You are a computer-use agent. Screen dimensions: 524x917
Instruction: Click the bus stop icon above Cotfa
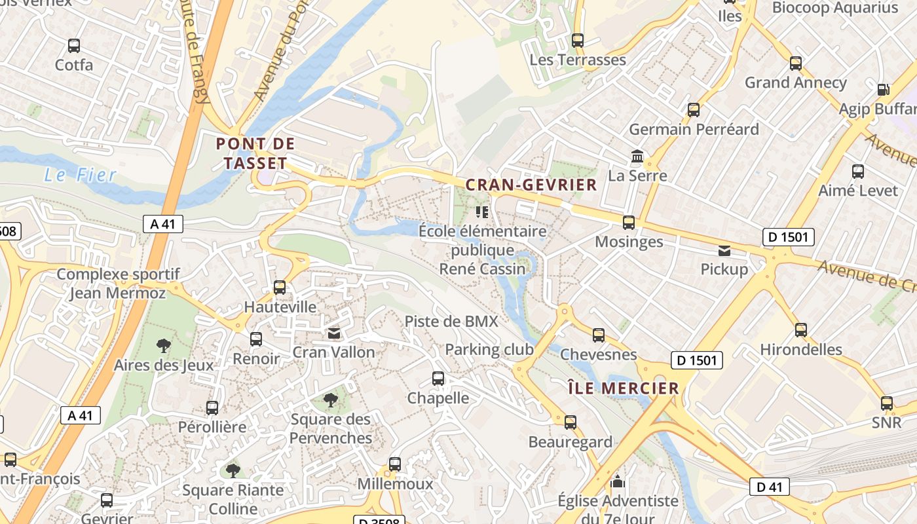[x=74, y=46]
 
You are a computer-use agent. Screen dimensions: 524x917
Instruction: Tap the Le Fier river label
[x=80, y=175]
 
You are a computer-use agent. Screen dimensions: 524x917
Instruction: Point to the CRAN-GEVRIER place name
[x=531, y=185]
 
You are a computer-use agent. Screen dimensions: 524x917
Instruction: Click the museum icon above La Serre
[x=637, y=157]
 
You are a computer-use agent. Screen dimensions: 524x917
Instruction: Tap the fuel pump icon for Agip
[x=883, y=90]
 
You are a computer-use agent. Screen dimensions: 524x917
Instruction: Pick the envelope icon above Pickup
[x=724, y=251]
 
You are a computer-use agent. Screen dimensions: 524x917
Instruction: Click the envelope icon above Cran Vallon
[x=334, y=334]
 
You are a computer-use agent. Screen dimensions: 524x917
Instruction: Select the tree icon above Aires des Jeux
[x=164, y=346]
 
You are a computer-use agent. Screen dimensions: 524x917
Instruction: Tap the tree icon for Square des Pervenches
[x=331, y=400]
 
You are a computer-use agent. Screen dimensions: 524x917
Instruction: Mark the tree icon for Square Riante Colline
[x=233, y=470]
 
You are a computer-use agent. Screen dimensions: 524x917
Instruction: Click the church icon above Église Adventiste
[x=618, y=483]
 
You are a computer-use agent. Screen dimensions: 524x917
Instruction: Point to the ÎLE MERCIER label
[x=623, y=388]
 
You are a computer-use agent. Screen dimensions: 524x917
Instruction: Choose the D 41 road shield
[x=770, y=487]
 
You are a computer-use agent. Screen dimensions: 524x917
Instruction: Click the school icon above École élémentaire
[x=483, y=212]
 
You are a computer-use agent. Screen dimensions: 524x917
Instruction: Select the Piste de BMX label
[x=451, y=321]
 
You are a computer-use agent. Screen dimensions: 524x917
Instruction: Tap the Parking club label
[x=489, y=350]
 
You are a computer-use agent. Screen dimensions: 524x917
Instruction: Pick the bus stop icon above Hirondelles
[x=801, y=329]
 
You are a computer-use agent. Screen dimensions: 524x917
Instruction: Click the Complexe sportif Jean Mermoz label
[x=119, y=284]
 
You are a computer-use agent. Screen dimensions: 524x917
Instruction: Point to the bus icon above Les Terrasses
[x=577, y=41]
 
